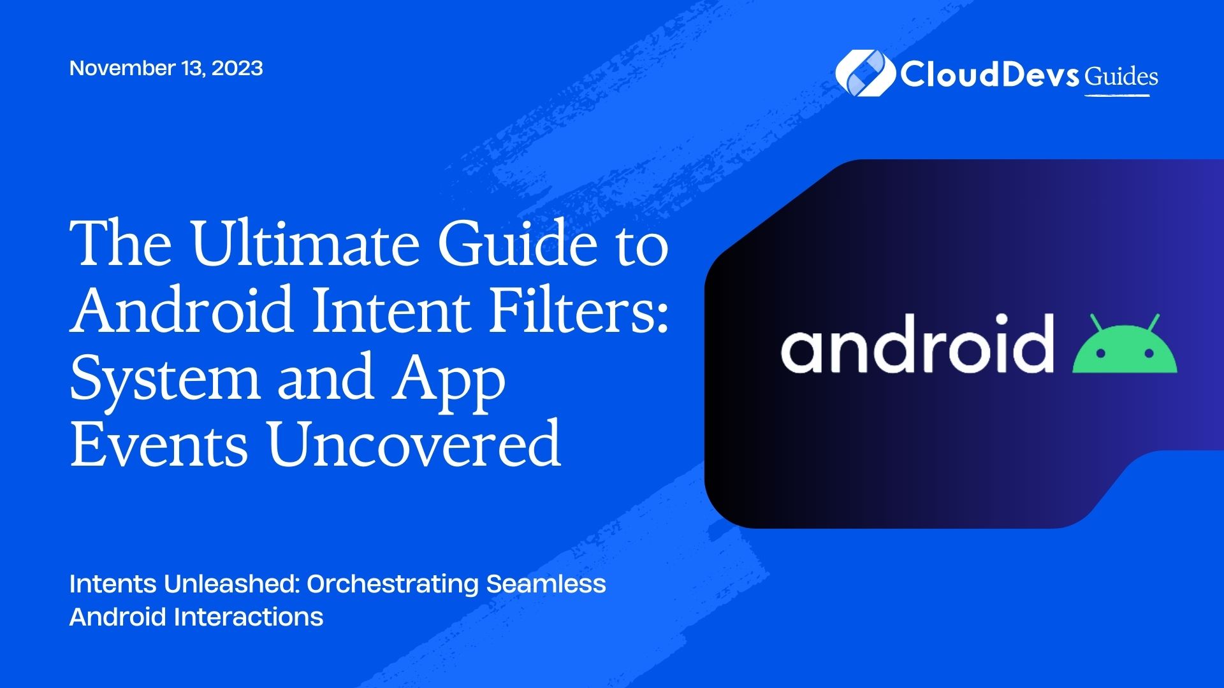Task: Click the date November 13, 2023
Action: (x=166, y=68)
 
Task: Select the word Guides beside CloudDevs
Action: (x=1121, y=76)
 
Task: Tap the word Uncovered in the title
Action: (x=414, y=443)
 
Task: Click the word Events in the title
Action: (x=159, y=443)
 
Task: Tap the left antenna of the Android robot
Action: (x=1096, y=323)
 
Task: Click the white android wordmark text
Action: (x=917, y=343)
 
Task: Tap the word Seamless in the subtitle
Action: (x=546, y=584)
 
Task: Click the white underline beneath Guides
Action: (x=1117, y=96)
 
